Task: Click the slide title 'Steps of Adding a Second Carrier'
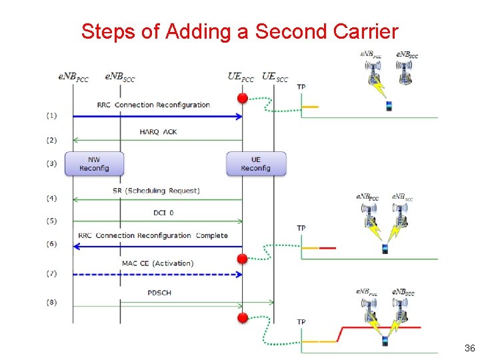pos(239,31)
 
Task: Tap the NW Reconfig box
pos(94,164)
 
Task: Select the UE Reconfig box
pos(256,164)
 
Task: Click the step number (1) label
pos(51,115)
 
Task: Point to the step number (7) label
pos(51,273)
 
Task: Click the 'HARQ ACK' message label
pos(158,132)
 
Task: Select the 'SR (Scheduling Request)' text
pos(156,191)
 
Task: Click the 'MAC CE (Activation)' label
pos(157,263)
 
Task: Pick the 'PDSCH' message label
pos(161,293)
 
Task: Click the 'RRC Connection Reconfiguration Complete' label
pos(153,235)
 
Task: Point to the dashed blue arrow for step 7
pos(157,274)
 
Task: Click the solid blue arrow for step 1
pos(157,116)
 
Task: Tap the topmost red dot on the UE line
pos(243,99)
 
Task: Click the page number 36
pos(469,349)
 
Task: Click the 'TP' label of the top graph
pos(301,87)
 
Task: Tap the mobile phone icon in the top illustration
pos(388,106)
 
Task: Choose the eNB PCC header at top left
pos(73,77)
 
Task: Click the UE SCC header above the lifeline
pos(275,77)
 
